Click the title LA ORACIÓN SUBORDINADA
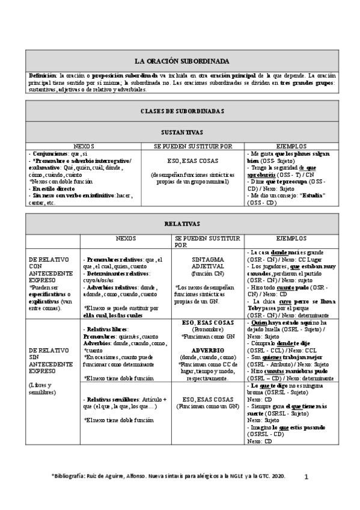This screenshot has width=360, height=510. [x=180, y=61]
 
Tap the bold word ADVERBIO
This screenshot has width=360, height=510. [x=207, y=349]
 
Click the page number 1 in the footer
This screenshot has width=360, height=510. [x=306, y=476]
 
